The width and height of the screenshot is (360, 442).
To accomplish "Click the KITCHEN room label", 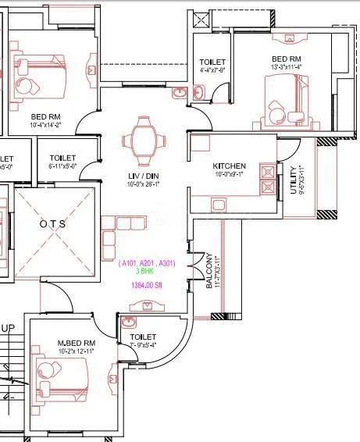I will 230,166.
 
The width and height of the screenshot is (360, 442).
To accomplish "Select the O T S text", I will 53,223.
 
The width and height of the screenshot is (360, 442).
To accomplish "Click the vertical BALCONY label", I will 209,271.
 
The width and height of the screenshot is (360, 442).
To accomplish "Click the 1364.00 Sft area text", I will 148,286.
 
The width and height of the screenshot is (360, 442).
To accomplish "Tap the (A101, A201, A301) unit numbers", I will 147,264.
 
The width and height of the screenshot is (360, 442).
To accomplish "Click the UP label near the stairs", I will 9,328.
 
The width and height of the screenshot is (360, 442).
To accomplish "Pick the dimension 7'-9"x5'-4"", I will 143,344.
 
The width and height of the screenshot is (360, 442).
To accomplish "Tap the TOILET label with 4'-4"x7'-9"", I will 212,62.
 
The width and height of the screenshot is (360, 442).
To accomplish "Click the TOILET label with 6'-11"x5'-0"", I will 62,157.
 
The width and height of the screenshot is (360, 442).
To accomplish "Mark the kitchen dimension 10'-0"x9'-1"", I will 230,175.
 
